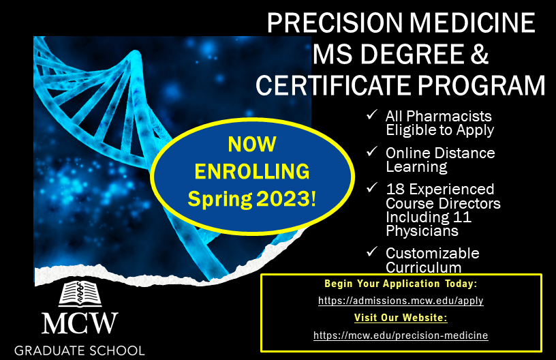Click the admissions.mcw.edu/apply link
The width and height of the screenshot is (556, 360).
pyautogui.click(x=401, y=301)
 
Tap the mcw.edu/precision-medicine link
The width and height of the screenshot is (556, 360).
pyautogui.click(x=401, y=335)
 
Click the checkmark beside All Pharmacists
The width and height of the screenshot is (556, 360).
pyautogui.click(x=372, y=115)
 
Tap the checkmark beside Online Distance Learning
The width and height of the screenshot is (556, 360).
pyautogui.click(x=372, y=152)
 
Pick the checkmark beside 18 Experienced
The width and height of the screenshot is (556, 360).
pyautogui.click(x=372, y=188)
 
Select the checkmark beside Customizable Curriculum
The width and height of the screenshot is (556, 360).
pyautogui.click(x=372, y=252)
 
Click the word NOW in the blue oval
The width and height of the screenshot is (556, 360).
pyautogui.click(x=252, y=144)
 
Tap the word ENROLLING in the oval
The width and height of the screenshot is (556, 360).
pyautogui.click(x=252, y=171)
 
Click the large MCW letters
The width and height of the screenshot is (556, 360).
pyautogui.click(x=80, y=323)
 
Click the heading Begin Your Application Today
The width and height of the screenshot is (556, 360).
pyautogui.click(x=401, y=284)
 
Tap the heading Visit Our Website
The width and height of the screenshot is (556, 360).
pyautogui.click(x=401, y=318)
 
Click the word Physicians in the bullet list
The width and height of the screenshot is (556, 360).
pyautogui.click(x=422, y=231)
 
